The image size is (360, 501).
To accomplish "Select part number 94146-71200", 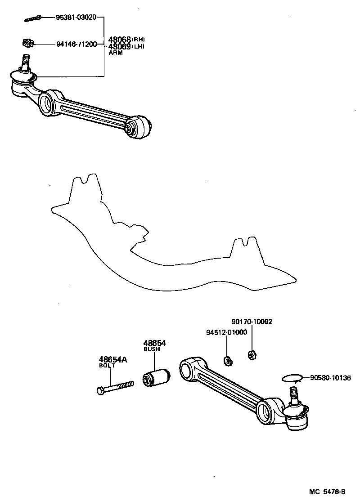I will [76, 44].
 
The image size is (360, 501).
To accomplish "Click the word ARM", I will [115, 53].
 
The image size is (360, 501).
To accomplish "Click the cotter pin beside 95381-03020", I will [32, 18].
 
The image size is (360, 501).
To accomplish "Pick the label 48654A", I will [112, 359].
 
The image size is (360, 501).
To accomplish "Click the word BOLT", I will [107, 366].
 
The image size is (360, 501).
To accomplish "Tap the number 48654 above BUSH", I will [155, 343].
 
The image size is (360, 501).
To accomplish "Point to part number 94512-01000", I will [226, 332].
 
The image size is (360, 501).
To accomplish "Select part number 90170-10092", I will [252, 322].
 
